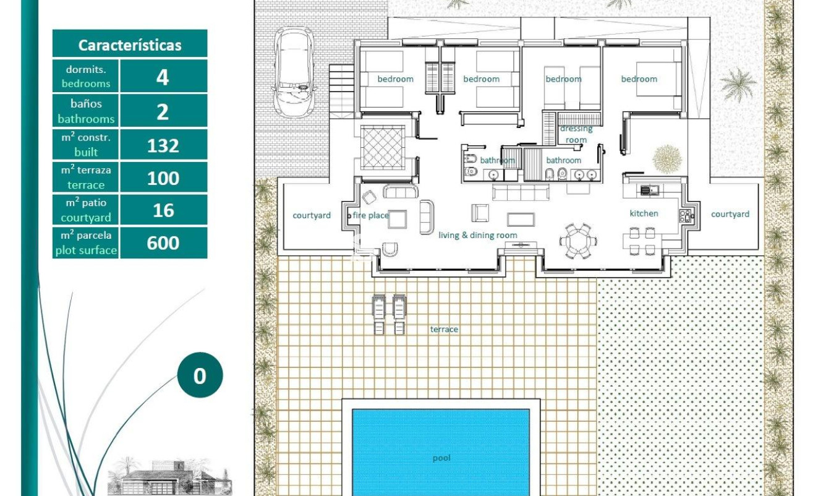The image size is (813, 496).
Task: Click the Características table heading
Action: [130, 45]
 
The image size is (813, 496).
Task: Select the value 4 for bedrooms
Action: [163, 77]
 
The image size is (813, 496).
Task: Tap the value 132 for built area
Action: [163, 145]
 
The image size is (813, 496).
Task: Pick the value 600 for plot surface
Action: [163, 242]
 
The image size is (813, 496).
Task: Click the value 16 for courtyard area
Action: [163, 210]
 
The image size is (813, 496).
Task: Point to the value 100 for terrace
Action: [163, 178]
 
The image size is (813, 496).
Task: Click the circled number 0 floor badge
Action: [200, 375]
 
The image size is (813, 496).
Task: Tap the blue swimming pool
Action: [441, 451]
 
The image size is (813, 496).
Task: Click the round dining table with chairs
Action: [579, 239]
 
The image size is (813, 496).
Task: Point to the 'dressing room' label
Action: [576, 134]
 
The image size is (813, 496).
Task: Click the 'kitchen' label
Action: [644, 213]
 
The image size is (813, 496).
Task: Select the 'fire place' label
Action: [370, 216]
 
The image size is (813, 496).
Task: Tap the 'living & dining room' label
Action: [477, 235]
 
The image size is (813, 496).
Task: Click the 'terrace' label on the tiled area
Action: [444, 330]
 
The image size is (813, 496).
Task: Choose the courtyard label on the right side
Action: [730, 214]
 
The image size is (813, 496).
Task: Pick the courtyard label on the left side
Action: [312, 215]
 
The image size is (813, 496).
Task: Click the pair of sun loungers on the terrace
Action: [388, 314]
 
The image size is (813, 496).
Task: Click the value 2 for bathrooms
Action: [163, 112]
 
